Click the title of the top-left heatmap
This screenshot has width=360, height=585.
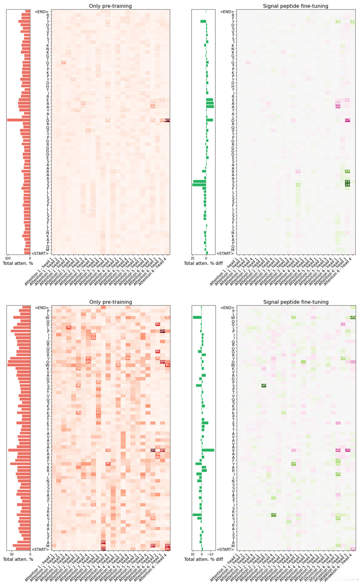110,6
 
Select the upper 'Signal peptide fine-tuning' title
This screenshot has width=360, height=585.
295,6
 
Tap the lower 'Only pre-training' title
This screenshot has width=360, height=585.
110,302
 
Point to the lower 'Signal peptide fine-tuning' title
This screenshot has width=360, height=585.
296,302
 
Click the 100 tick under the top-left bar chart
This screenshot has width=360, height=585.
8,258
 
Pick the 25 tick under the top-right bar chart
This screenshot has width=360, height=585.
193,259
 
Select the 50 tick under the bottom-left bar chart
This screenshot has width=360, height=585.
12,554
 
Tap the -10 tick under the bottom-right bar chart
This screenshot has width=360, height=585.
210,554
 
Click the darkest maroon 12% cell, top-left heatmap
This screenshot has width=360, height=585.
167,120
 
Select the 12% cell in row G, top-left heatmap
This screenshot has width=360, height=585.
63,62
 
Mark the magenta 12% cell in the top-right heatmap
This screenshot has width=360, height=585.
348,120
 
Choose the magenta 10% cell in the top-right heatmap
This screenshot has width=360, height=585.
338,107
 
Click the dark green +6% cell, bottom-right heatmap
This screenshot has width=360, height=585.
264,385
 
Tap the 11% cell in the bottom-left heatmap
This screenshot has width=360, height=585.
103,549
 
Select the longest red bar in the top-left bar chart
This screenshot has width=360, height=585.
19,120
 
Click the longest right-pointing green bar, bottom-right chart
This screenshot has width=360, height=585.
208,450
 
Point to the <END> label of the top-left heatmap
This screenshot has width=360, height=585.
41,12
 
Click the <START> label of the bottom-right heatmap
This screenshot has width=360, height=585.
225,549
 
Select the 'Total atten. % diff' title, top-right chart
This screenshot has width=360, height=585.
203,263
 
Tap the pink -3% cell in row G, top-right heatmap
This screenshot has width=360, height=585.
249,62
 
